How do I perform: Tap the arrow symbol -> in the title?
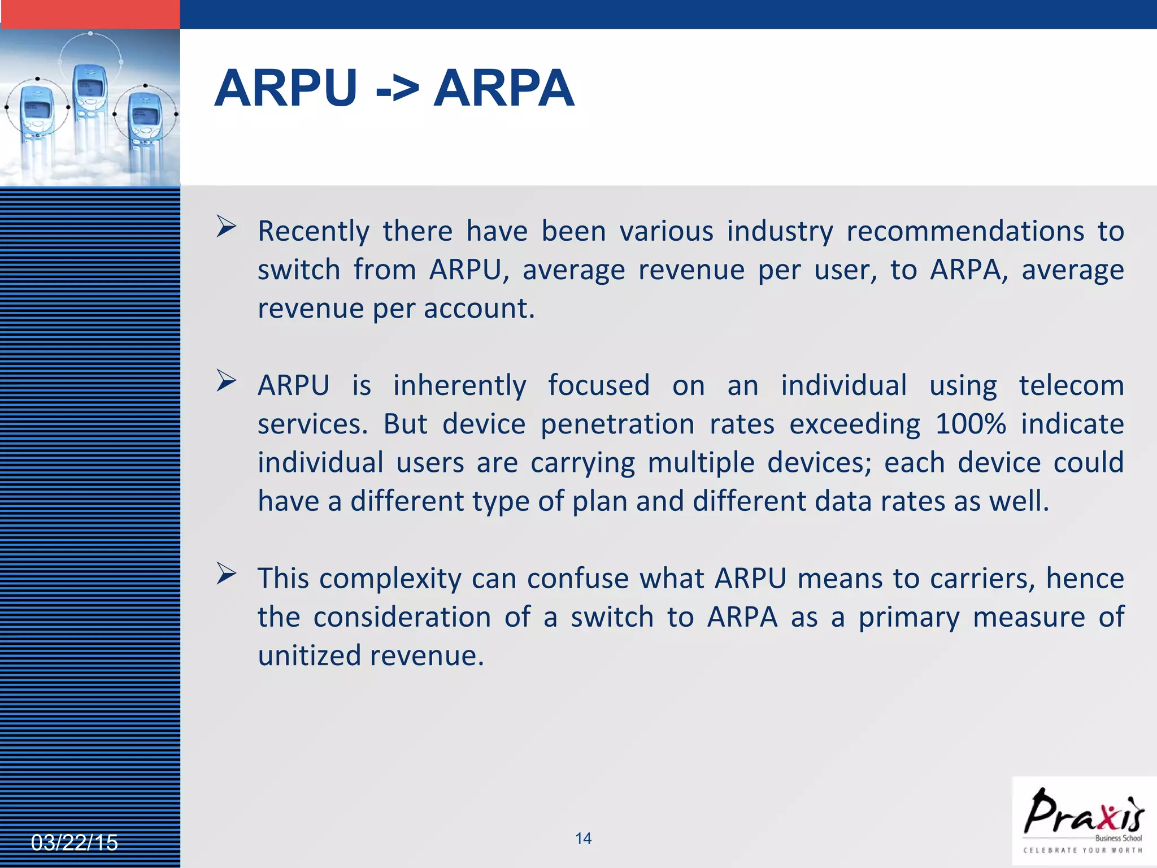coord(397,89)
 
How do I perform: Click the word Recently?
coord(314,231)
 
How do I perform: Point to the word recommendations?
coord(965,231)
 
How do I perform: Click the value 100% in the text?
coord(970,424)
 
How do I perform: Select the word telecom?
coord(1071,385)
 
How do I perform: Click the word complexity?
coord(390,579)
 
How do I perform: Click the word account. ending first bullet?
coord(479,309)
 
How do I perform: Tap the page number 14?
coord(583,839)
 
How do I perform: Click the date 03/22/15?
coord(74,843)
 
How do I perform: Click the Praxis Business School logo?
coord(1084,821)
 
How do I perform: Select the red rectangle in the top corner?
coord(90,14)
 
